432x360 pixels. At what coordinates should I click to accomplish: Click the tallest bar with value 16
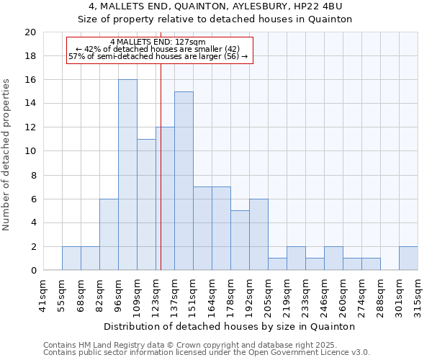point(127,175)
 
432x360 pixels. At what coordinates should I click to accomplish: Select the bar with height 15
point(184,181)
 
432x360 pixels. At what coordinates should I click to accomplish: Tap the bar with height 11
point(146,204)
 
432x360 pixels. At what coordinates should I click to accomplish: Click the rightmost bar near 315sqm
point(408,258)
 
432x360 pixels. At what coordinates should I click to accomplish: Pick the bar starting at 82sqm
point(109,234)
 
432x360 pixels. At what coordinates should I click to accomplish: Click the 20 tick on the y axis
point(30,32)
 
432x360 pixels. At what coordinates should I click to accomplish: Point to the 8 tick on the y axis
point(32,175)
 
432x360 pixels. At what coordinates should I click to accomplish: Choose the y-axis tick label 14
point(30,104)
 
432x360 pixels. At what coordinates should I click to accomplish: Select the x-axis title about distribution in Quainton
point(230,326)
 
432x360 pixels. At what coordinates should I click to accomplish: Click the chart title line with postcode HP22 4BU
point(215,6)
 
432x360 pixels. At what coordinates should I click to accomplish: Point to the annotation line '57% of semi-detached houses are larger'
point(158,56)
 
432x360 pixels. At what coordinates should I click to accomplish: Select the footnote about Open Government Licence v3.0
point(207,353)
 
